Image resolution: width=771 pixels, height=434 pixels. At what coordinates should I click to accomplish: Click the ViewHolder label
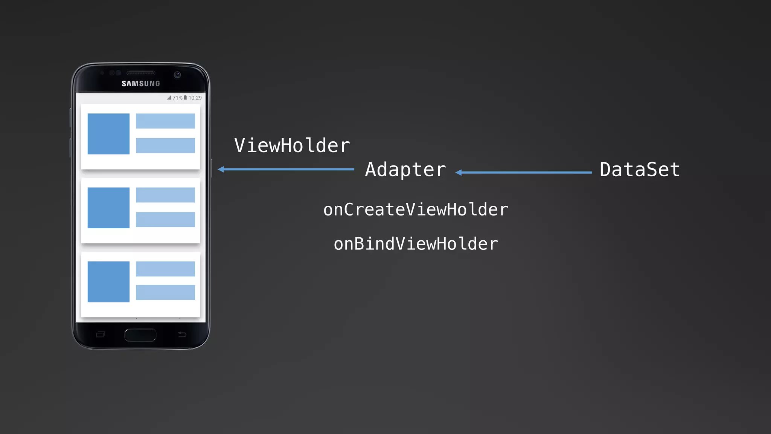[292, 146]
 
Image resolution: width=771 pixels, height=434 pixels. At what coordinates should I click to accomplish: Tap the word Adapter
[405, 170]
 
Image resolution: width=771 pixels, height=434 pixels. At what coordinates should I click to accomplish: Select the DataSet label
[640, 170]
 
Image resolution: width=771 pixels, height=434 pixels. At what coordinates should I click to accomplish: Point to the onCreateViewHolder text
[416, 209]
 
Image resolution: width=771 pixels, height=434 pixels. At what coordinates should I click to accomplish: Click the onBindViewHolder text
[416, 244]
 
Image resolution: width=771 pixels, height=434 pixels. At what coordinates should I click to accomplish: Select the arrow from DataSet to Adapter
[523, 173]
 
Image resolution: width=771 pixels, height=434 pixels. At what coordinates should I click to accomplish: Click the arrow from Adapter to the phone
[286, 170]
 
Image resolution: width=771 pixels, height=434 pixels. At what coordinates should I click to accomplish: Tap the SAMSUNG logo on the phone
[141, 84]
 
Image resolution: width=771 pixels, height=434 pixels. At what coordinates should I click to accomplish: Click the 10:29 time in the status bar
[195, 98]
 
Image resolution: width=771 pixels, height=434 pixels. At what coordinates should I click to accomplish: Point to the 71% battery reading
[177, 98]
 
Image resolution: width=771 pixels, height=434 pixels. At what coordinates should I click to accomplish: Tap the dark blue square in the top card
[108, 134]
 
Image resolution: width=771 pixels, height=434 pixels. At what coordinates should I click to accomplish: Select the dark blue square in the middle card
[108, 208]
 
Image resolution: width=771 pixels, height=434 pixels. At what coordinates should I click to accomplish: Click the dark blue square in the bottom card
[108, 281]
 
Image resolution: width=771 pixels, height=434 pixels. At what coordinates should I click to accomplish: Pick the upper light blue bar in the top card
[165, 121]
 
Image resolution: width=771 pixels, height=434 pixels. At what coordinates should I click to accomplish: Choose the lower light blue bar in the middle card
[165, 219]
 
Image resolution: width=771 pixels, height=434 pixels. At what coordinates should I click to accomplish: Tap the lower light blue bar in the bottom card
[165, 292]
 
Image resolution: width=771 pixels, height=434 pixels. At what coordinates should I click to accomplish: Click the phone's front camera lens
[177, 75]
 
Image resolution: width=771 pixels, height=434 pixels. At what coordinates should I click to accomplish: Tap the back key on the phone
[182, 334]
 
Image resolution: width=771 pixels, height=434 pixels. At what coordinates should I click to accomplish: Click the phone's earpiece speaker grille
[141, 73]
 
